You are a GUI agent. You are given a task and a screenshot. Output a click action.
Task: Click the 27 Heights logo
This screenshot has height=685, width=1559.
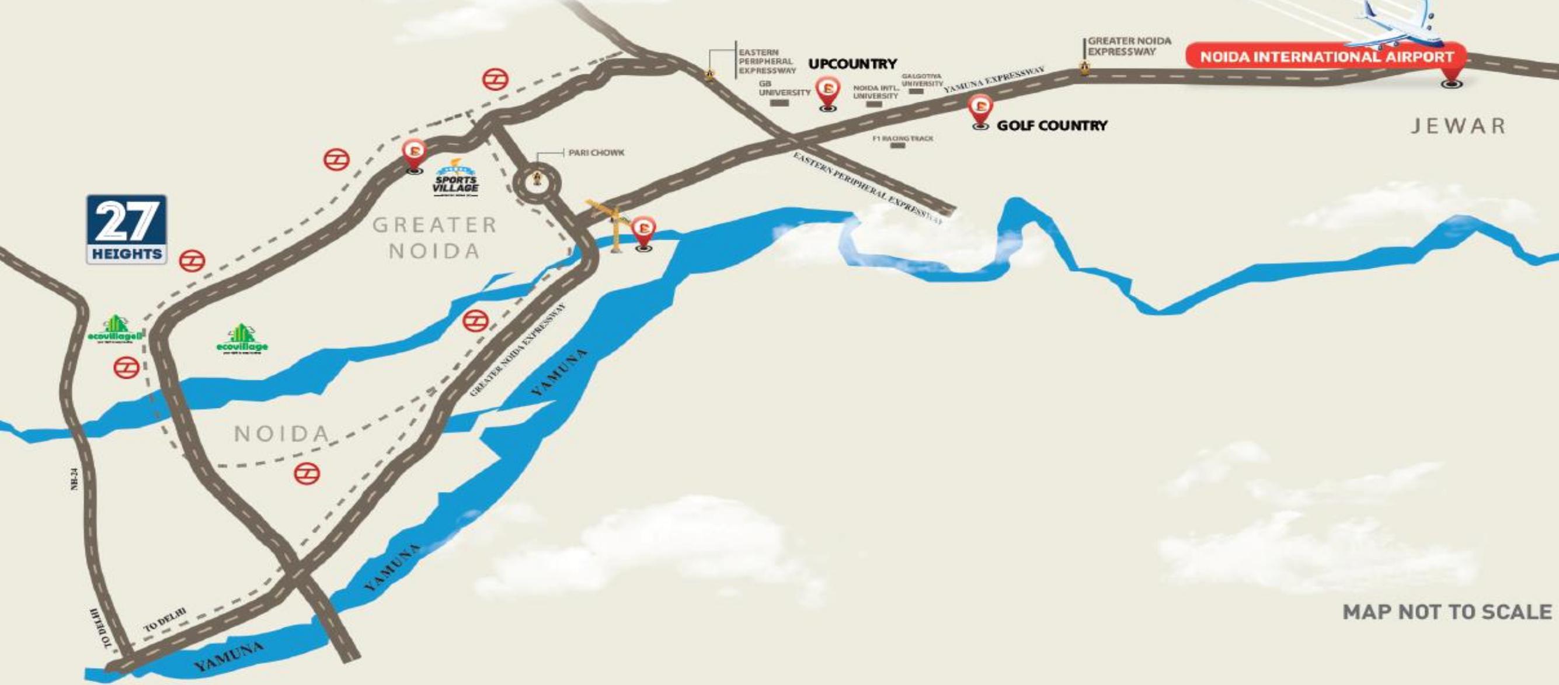(127, 229)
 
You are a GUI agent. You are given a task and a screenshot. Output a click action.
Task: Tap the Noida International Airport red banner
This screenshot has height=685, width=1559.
(1325, 57)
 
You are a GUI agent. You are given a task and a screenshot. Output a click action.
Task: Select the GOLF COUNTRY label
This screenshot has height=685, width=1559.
(1052, 126)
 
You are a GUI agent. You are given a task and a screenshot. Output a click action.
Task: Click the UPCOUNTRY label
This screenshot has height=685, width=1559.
(852, 64)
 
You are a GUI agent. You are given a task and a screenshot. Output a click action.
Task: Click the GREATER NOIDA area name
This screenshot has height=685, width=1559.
(434, 237)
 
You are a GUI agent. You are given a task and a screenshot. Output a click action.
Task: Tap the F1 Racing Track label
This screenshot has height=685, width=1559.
(902, 139)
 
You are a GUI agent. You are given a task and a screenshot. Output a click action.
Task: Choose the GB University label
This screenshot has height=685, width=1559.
(784, 89)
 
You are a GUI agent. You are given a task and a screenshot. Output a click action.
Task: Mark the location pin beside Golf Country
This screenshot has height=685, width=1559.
(980, 111)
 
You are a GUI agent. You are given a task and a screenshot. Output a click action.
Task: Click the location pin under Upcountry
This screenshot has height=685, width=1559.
(828, 94)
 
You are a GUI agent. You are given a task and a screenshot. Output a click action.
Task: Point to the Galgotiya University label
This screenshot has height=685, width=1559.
(922, 80)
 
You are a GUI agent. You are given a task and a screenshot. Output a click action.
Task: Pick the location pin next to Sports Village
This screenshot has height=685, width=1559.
(415, 155)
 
